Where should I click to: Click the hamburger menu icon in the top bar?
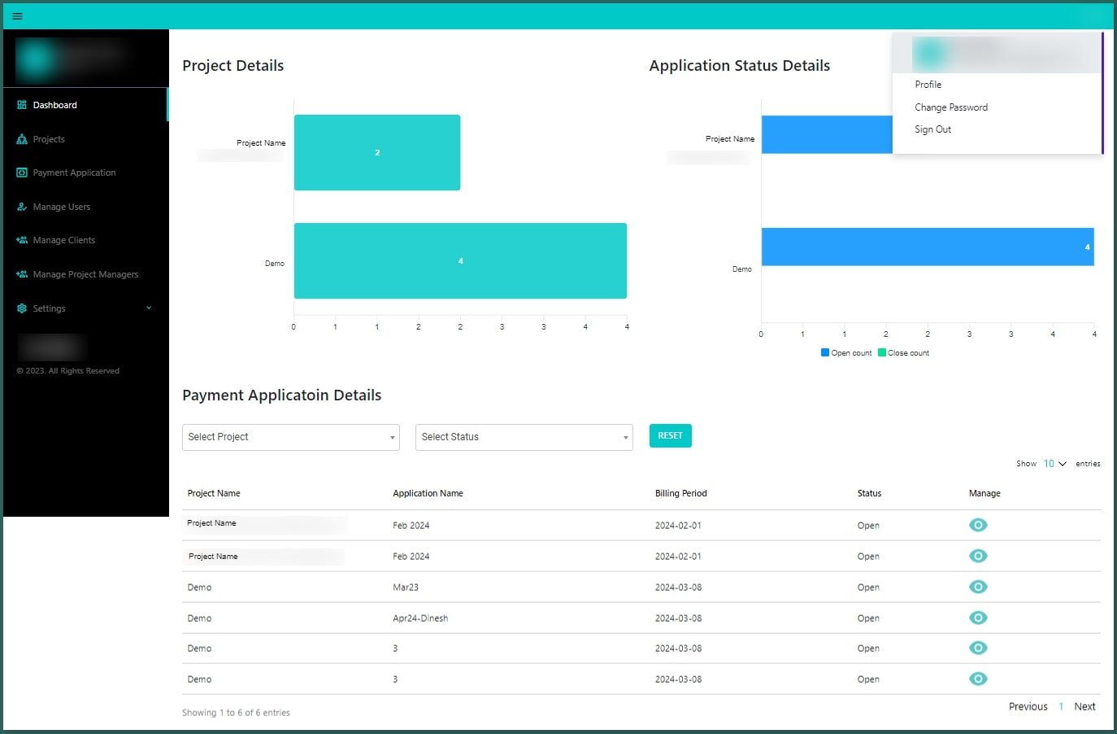(x=17, y=16)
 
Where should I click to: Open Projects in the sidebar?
(x=49, y=139)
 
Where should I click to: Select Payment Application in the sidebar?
(x=74, y=173)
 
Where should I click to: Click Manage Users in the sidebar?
(x=61, y=207)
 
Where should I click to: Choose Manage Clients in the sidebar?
(x=63, y=240)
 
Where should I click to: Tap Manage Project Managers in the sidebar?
(x=85, y=274)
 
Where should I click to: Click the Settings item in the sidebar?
(x=49, y=308)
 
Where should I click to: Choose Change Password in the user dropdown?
(x=951, y=107)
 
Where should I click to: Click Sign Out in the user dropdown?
(x=932, y=129)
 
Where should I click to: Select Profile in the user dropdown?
(x=928, y=85)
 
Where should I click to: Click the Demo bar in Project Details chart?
(x=460, y=260)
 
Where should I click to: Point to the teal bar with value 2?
(x=377, y=152)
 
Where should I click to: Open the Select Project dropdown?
(x=290, y=437)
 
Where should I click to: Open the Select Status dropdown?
(x=524, y=437)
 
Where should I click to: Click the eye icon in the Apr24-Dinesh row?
(x=978, y=618)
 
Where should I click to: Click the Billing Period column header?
(x=680, y=493)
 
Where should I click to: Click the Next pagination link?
(x=1084, y=706)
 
